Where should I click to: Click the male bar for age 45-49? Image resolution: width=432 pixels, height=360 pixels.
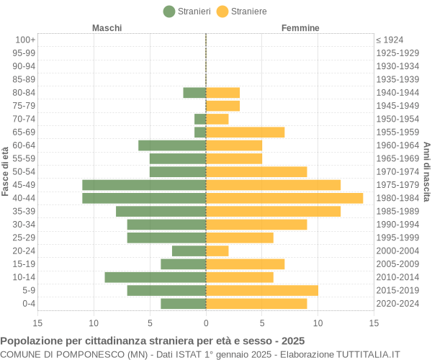tap(144, 185)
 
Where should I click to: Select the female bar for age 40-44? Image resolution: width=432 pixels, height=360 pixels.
tap(284, 198)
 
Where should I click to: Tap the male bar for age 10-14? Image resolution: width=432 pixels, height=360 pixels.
tap(156, 277)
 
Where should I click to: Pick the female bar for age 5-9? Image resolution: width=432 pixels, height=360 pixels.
tap(262, 290)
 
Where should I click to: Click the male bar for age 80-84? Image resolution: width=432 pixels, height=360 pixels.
tap(194, 93)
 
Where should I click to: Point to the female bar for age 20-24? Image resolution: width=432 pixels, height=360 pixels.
tap(217, 251)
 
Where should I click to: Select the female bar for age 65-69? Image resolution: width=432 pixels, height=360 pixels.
tap(246, 132)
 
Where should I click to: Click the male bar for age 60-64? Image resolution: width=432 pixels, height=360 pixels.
tap(172, 145)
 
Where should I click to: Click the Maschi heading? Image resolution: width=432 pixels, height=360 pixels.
tap(107, 28)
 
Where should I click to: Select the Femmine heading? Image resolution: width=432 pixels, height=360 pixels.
tap(300, 28)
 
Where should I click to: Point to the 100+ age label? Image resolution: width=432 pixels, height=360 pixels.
tap(25, 40)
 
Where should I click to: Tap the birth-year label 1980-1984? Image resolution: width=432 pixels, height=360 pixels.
tap(397, 198)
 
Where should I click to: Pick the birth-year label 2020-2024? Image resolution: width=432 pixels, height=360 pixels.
tap(397, 304)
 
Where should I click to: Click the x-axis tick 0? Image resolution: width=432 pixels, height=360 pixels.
tap(206, 323)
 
